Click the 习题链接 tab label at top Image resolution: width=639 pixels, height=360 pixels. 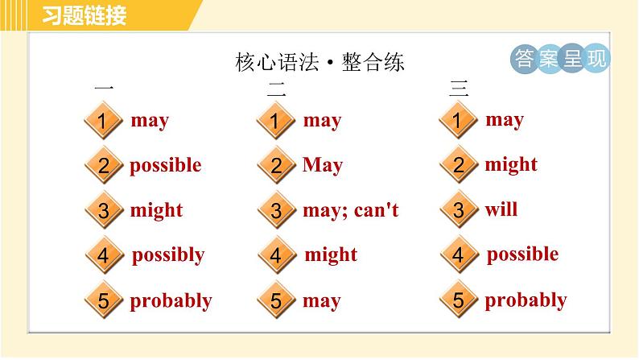click(84, 15)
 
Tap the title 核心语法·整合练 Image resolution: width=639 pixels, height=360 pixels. click(319, 62)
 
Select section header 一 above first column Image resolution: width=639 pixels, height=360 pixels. click(104, 89)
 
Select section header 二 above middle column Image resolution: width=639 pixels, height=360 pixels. click(276, 89)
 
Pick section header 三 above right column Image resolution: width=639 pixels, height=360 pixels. click(459, 89)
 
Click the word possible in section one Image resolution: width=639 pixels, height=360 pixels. click(166, 166)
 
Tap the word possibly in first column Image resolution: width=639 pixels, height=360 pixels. click(168, 255)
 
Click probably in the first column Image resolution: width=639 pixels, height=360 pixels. click(171, 301)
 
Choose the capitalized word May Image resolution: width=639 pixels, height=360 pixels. click(323, 166)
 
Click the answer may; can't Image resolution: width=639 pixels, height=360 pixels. click(351, 211)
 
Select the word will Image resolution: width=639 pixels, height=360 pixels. click(501, 210)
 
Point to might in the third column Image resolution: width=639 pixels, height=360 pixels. click(511, 165)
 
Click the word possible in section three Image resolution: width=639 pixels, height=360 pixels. click(522, 254)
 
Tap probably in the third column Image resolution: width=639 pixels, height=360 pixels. click(526, 300)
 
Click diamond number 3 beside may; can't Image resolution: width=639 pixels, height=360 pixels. click(276, 212)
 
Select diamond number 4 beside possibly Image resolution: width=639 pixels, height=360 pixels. click(103, 257)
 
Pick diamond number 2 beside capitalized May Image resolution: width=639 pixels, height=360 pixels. click(276, 167)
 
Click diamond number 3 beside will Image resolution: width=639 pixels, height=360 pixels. click(459, 211)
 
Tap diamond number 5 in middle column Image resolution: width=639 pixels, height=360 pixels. click(276, 302)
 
